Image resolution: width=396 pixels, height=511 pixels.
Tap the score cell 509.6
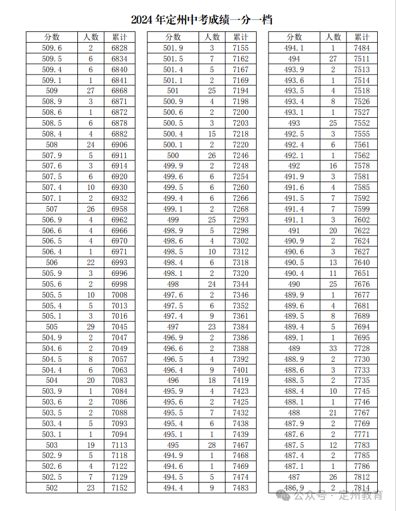point(52,48)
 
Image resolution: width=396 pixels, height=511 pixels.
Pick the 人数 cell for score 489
point(333,348)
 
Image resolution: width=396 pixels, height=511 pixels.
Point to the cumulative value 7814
point(362,488)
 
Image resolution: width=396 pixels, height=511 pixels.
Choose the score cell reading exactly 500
point(173,155)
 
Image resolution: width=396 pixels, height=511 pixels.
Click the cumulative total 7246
point(241,155)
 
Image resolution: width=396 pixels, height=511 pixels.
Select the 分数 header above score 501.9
point(173,37)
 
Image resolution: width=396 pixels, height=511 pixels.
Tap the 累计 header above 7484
point(362,37)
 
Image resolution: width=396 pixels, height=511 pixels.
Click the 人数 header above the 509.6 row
point(90,37)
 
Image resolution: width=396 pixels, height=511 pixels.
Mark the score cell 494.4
point(173,488)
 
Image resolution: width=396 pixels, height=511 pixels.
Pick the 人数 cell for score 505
point(90,327)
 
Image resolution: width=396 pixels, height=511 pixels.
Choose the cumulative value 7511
point(362,59)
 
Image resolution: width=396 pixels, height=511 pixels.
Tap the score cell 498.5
point(173,252)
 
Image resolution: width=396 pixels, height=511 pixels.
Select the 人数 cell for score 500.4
point(212,134)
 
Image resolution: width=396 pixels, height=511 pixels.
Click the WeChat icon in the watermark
point(283,496)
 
